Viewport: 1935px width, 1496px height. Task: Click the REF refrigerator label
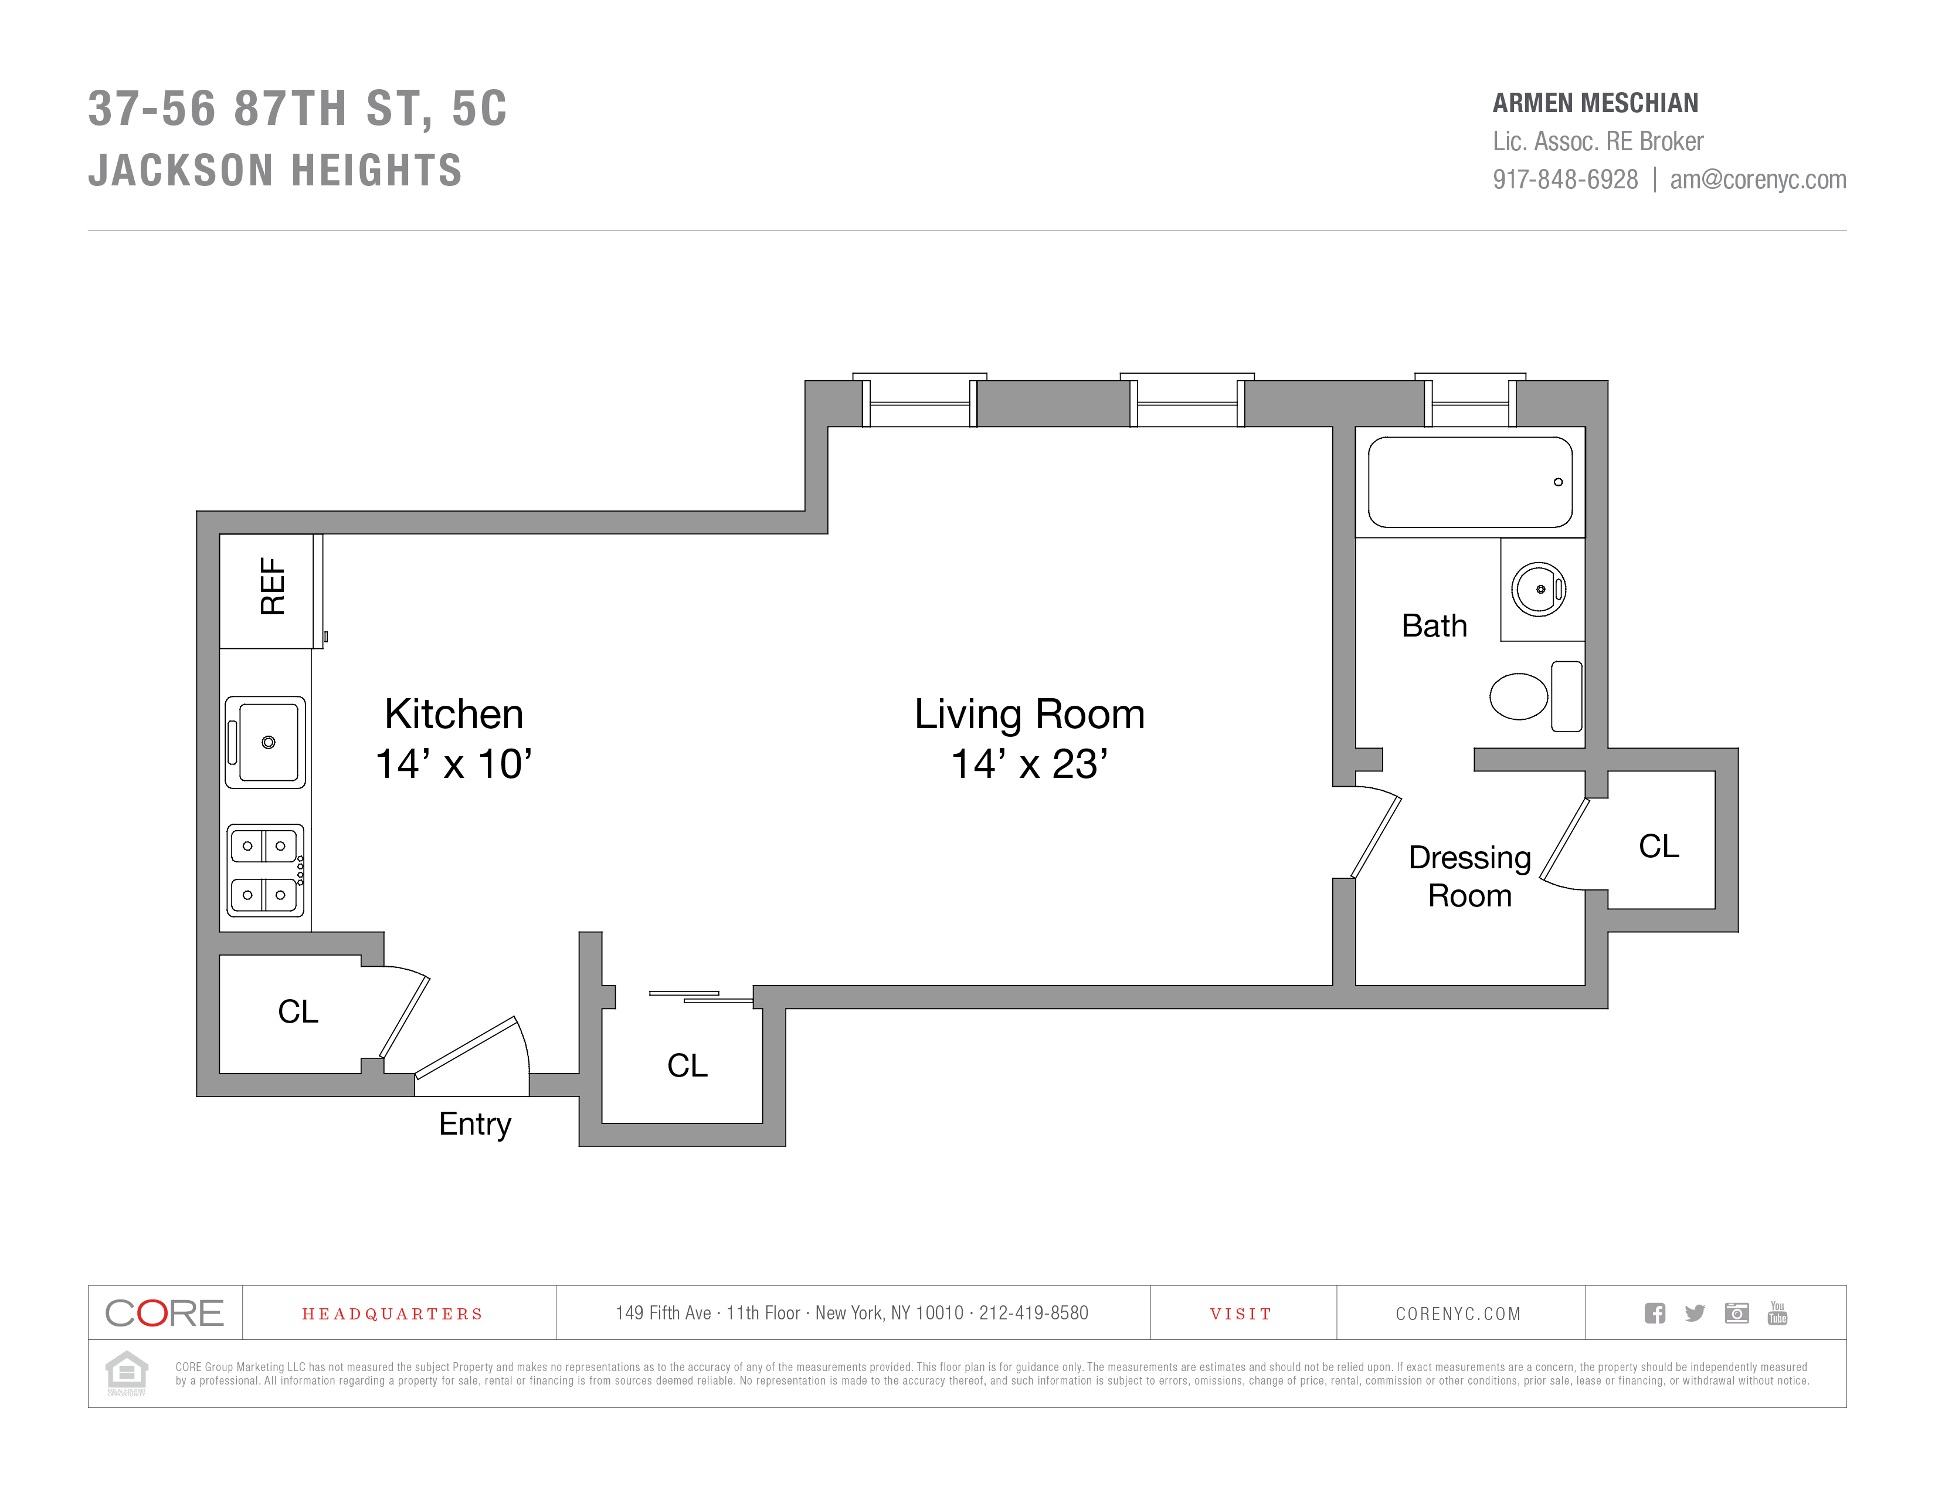[272, 587]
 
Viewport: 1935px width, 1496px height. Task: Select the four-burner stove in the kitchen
[266, 870]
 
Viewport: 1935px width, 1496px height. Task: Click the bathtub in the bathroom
[1470, 482]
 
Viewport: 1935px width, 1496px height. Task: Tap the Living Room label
[1030, 715]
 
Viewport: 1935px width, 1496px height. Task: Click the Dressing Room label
[1470, 876]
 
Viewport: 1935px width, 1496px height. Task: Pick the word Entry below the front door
[475, 1124]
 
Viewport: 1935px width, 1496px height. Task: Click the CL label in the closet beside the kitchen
[298, 1011]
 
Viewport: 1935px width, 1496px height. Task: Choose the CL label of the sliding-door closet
[688, 1065]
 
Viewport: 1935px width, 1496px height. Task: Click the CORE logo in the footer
[165, 1312]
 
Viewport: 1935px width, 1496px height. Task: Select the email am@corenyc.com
[1758, 180]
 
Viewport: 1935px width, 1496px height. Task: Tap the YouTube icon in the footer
[1777, 1312]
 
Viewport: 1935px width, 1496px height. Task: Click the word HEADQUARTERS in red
[392, 1314]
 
